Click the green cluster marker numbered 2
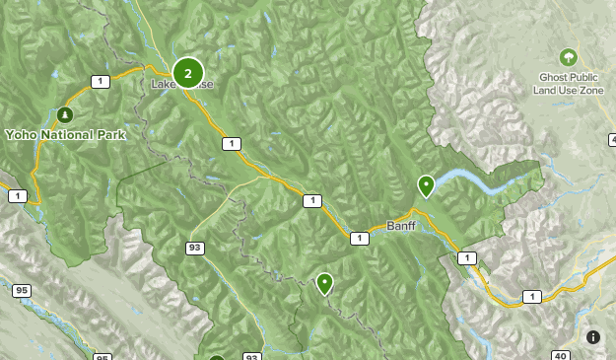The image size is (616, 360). click(187, 73)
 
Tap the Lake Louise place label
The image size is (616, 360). click(181, 85)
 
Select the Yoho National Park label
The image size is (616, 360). click(65, 135)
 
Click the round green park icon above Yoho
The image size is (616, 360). click(66, 113)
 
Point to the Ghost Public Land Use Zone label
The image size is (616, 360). click(568, 83)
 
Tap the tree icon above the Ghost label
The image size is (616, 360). click(568, 57)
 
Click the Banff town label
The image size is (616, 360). click(401, 226)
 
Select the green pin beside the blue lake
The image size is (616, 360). click(426, 184)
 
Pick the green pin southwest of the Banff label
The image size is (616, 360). click(324, 283)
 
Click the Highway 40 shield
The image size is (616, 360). click(561, 355)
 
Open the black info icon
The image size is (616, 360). click(593, 337)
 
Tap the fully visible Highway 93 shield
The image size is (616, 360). click(196, 248)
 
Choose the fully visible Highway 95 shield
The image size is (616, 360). click(21, 291)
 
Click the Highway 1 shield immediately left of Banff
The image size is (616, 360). click(359, 238)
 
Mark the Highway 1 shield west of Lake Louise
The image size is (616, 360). click(99, 81)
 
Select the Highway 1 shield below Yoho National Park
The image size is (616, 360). click(18, 196)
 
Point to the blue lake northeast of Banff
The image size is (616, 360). click(483, 180)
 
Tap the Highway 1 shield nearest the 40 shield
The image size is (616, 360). click(532, 296)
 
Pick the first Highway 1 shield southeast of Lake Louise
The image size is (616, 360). click(231, 144)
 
